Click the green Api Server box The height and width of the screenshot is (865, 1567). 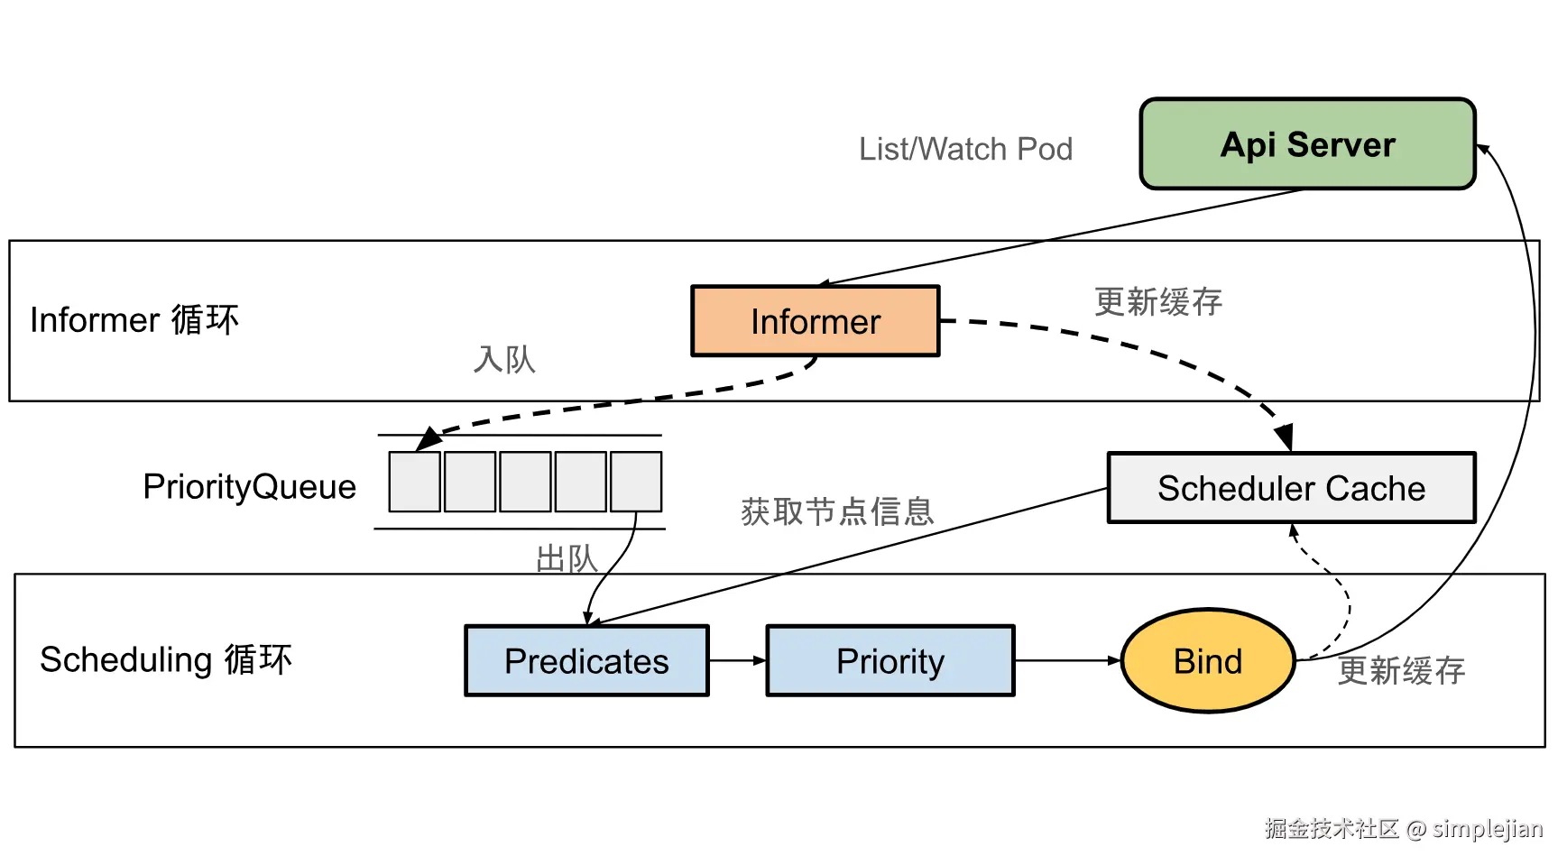click(x=1307, y=144)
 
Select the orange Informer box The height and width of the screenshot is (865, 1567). click(x=815, y=321)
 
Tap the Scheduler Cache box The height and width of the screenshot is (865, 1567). click(x=1291, y=488)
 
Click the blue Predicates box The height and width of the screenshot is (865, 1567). click(x=586, y=661)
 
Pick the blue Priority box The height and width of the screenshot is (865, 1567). click(x=890, y=661)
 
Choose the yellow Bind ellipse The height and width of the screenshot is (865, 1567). click(x=1208, y=661)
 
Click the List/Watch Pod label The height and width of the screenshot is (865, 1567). click(x=965, y=149)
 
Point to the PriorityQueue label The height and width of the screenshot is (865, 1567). click(x=249, y=487)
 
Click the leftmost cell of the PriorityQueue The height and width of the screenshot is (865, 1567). click(x=415, y=482)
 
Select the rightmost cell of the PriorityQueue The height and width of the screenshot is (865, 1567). click(x=636, y=482)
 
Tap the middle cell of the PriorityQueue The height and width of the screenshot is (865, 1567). click(x=525, y=482)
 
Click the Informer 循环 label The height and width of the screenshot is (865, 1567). click(x=134, y=320)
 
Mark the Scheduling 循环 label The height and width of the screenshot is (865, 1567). click(x=166, y=659)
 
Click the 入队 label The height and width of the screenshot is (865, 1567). click(x=504, y=359)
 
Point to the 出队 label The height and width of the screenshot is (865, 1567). click(x=567, y=558)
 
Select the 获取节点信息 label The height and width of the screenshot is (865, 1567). click(x=836, y=511)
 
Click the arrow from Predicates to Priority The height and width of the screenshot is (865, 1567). click(x=737, y=661)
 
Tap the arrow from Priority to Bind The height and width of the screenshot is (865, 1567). click(x=1067, y=661)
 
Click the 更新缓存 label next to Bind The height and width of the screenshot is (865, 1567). click(x=1401, y=670)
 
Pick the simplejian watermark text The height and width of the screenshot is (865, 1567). click(x=1488, y=828)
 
